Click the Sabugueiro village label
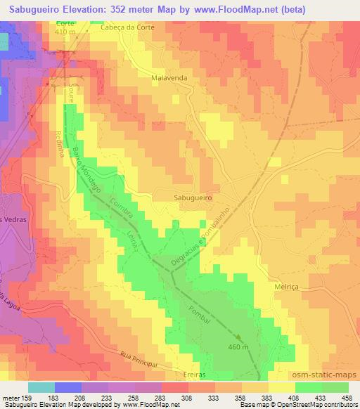193,198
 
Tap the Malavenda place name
169,79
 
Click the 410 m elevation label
65,32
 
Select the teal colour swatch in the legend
41,387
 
